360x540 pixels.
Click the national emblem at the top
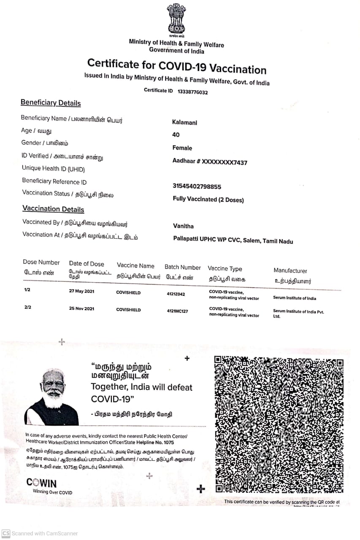pyautogui.click(x=176, y=19)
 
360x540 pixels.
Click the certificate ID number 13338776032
pyautogui.click(x=192, y=92)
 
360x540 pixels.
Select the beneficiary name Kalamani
pyautogui.click(x=184, y=122)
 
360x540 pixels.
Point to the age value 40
pyautogui.click(x=176, y=135)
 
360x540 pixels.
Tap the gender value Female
pyautogui.click(x=182, y=148)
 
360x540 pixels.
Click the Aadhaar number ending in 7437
pyautogui.click(x=210, y=162)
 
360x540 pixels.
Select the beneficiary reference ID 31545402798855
pyautogui.click(x=197, y=186)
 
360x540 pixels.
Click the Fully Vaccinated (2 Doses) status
pyautogui.click(x=208, y=200)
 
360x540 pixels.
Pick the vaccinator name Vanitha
pyautogui.click(x=183, y=226)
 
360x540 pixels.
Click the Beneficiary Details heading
pyautogui.click(x=51, y=103)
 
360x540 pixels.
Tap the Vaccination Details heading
pyautogui.click(x=53, y=209)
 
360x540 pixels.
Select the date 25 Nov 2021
pyautogui.click(x=82, y=308)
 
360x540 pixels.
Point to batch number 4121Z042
pyautogui.click(x=176, y=294)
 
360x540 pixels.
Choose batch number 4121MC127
pyautogui.click(x=178, y=311)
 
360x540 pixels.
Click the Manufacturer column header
pyautogui.click(x=290, y=271)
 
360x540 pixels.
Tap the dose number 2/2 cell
pyautogui.click(x=28, y=308)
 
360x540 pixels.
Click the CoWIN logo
pyautogui.click(x=41, y=483)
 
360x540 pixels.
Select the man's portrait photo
pyautogui.click(x=53, y=397)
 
